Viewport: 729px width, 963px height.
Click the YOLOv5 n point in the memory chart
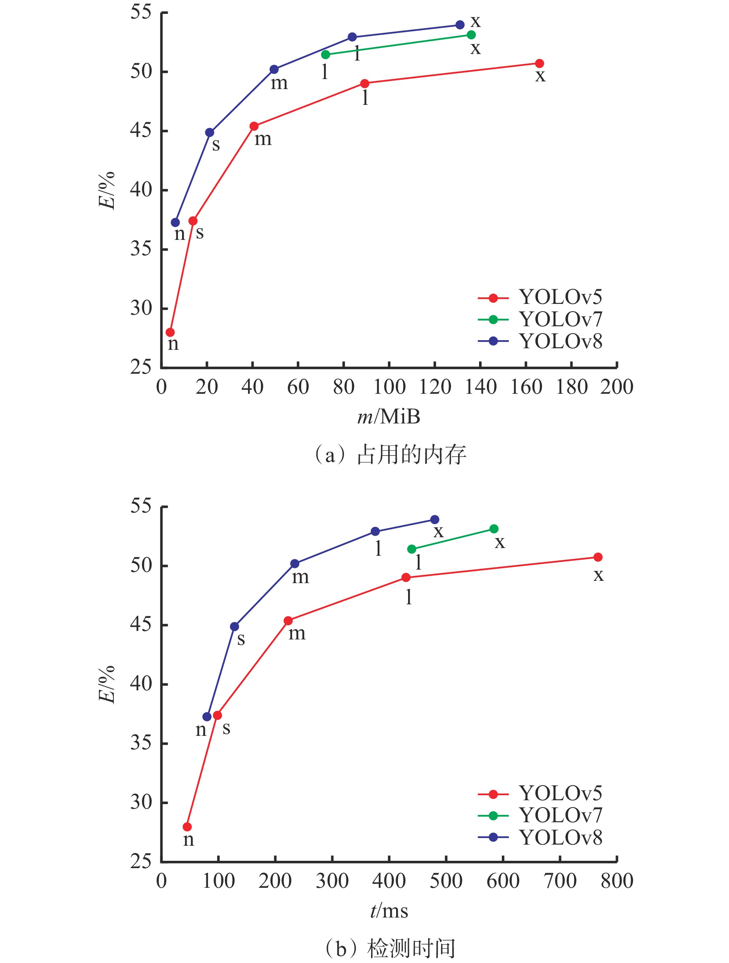[170, 332]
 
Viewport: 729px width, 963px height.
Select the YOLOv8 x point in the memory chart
[460, 25]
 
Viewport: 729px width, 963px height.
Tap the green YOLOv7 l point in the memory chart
[325, 54]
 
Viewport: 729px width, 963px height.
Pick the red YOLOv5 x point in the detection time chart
[598, 557]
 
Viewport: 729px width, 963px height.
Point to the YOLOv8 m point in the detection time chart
[295, 564]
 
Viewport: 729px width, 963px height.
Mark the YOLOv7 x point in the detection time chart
[494, 529]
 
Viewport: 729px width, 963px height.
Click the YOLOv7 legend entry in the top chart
[540, 320]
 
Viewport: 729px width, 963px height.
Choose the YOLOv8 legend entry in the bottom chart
[540, 838]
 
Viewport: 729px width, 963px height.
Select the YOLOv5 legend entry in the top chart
[540, 298]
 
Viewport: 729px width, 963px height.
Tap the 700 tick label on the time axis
[560, 881]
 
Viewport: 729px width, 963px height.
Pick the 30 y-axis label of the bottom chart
[141, 802]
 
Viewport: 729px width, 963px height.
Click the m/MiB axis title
[388, 417]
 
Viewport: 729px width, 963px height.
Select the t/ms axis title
[389, 911]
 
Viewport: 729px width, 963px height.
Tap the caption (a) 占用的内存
[390, 455]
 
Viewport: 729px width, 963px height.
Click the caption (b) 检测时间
[390, 949]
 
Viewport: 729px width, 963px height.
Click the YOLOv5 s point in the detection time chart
[217, 715]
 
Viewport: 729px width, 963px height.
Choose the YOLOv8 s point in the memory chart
[209, 132]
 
